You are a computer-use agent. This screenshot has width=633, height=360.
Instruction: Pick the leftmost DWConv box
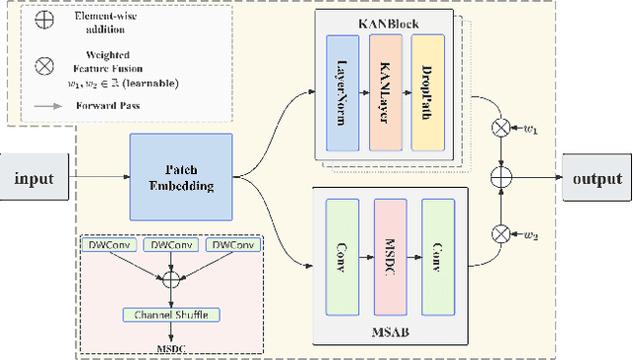(x=108, y=244)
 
